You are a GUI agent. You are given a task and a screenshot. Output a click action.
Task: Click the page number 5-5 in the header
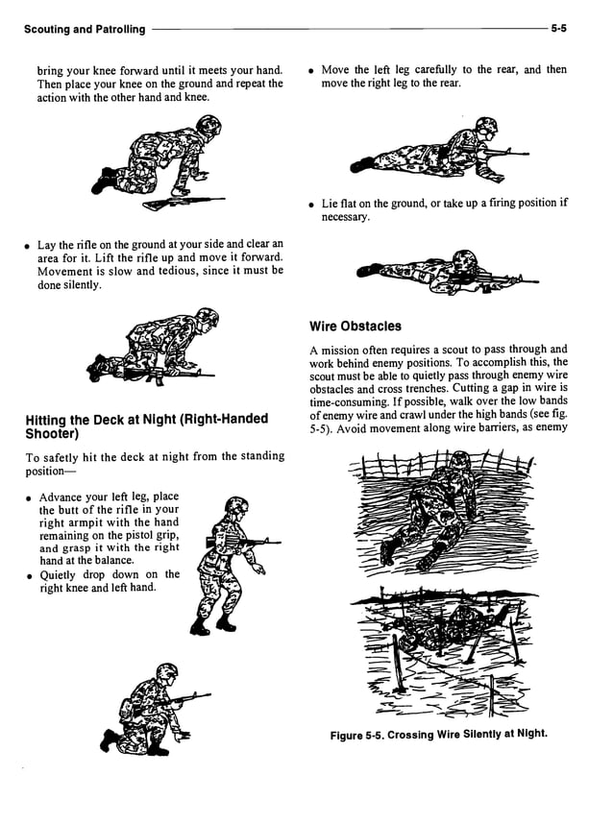coord(558,29)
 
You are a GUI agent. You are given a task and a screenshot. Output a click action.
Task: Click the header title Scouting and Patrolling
coord(85,29)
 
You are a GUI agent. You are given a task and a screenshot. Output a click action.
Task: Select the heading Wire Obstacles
coord(355,326)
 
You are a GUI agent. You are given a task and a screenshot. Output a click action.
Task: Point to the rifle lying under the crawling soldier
coord(183,203)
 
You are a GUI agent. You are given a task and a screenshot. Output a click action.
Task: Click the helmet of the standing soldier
coord(235,505)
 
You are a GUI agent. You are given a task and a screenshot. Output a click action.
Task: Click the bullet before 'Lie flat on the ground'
coord(312,204)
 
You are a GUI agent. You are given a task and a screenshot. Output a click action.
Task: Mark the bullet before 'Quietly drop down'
coord(29,575)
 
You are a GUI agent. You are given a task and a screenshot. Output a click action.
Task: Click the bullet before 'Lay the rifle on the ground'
coord(29,246)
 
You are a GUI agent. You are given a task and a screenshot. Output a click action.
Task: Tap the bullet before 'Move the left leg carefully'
coord(312,70)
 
